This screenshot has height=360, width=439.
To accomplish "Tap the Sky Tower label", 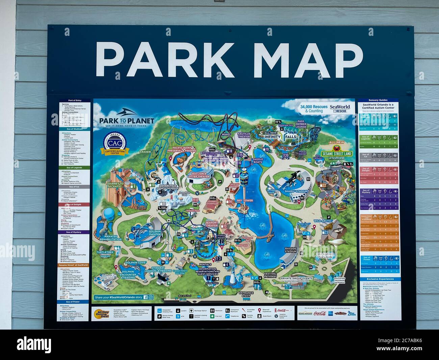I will tap(245, 200).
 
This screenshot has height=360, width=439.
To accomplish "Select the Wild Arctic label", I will tap(324, 221).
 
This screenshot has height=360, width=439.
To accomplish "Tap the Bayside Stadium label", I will tap(290, 250).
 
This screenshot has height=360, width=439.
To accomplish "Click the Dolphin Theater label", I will tap(155, 233).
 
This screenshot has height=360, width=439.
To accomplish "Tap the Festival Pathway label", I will tap(270, 275).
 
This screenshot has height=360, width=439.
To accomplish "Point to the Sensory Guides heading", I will tap(378, 100).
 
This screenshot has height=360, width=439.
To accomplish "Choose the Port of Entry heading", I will tap(75, 100).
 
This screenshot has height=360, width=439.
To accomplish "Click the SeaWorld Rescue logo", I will tap(340, 108).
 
